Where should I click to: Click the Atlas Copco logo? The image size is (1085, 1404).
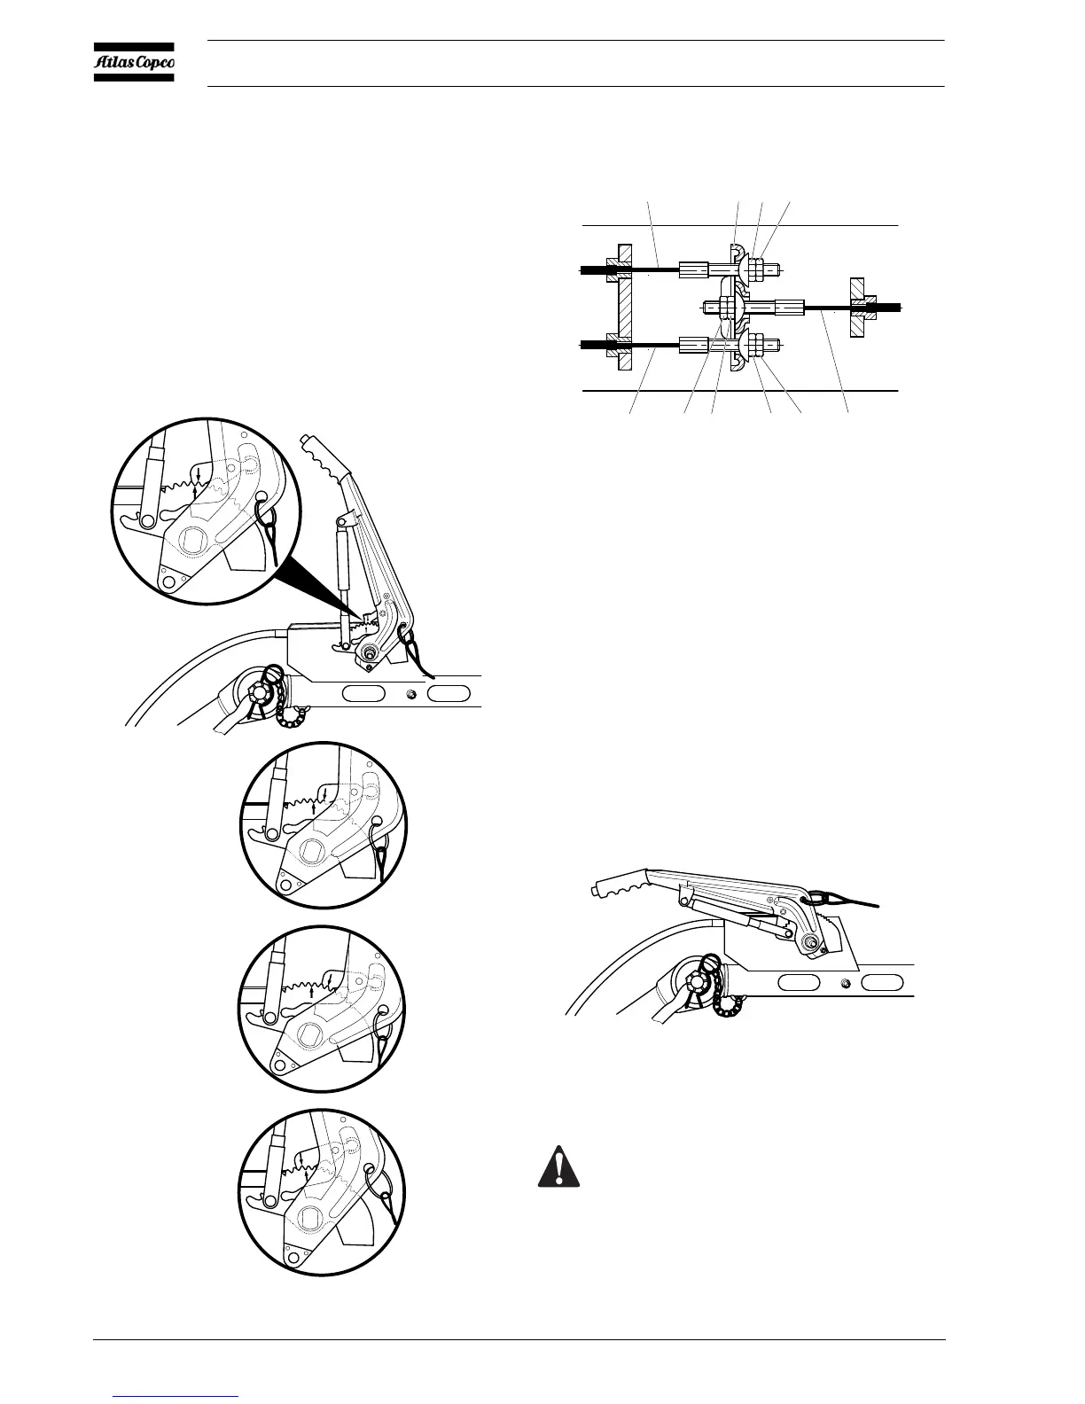pos(135,61)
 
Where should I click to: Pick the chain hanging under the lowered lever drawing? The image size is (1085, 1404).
pos(725,1007)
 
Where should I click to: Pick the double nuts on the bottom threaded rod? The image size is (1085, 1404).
pos(758,347)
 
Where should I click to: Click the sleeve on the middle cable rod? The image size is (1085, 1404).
pos(789,308)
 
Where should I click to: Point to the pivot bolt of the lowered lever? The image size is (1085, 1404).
pos(811,941)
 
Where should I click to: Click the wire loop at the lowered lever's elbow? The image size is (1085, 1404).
pos(827,898)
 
